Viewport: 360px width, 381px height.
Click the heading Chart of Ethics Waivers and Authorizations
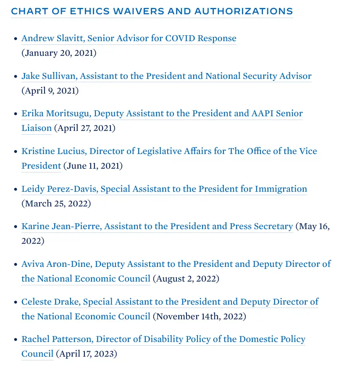click(152, 11)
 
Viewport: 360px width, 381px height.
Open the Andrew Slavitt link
click(129, 38)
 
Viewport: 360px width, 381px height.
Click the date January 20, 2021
click(59, 53)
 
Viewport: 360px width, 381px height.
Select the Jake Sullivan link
click(166, 76)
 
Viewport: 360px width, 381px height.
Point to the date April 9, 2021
click(50, 91)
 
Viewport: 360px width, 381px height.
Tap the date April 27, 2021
click(84, 128)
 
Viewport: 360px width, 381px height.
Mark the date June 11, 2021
click(93, 166)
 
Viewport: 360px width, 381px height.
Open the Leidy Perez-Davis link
click(164, 189)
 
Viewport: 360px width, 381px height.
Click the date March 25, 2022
click(56, 204)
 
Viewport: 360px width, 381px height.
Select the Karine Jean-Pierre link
click(157, 226)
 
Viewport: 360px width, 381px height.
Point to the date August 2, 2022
click(186, 279)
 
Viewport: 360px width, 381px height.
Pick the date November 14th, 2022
click(199, 316)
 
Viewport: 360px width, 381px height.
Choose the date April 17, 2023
click(86, 354)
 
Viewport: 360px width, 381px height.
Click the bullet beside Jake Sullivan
click(16, 77)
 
